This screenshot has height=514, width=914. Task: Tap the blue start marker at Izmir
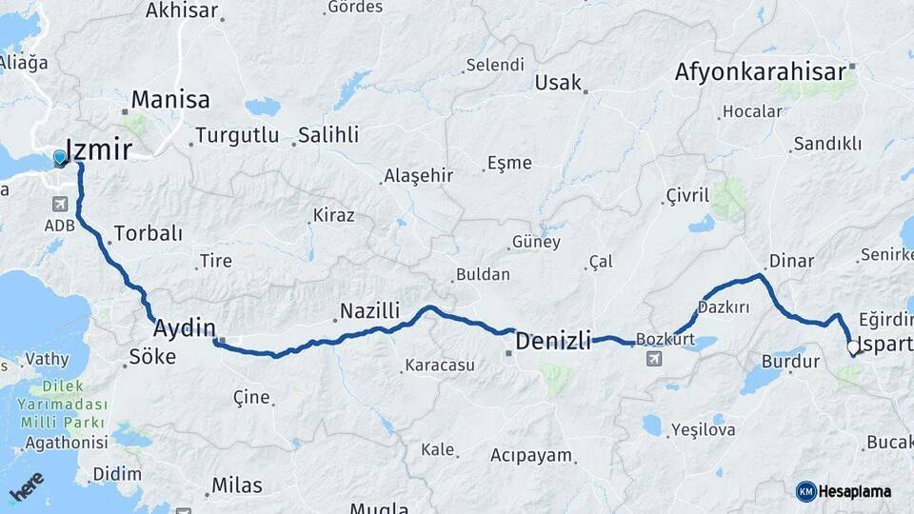[x=60, y=158]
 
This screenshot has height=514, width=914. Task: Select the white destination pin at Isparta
[x=853, y=348]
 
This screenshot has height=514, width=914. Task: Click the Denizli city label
[x=553, y=340]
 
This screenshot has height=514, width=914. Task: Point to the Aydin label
[x=185, y=328]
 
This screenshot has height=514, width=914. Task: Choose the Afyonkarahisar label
[x=760, y=72]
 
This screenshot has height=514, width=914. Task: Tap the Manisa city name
[x=170, y=99]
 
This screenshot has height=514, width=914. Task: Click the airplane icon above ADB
[x=60, y=205]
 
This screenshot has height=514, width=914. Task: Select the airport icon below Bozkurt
[x=653, y=359]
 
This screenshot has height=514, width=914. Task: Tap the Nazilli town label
[x=369, y=310]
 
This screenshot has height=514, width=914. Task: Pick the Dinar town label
[x=790, y=261]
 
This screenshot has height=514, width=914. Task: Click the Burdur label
[x=790, y=362]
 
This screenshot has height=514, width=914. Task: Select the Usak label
[x=558, y=83]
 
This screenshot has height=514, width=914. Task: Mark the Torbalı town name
[x=148, y=233]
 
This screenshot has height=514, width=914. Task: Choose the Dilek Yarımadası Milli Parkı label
[x=68, y=404]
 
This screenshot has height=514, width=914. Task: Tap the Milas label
[x=236, y=485]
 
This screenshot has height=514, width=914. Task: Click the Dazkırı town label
[x=724, y=307]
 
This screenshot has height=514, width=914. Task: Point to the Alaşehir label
[x=418, y=176]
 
